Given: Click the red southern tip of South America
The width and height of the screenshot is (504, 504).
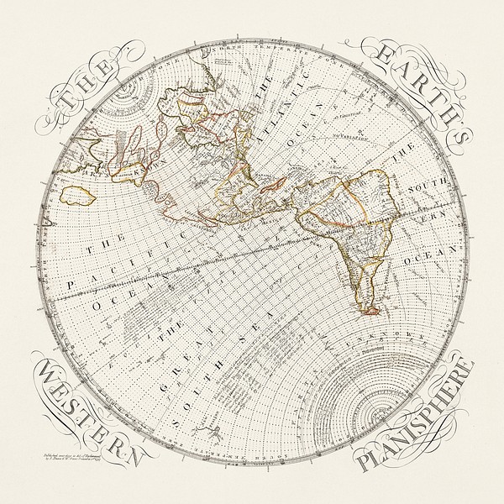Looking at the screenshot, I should (367, 312).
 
